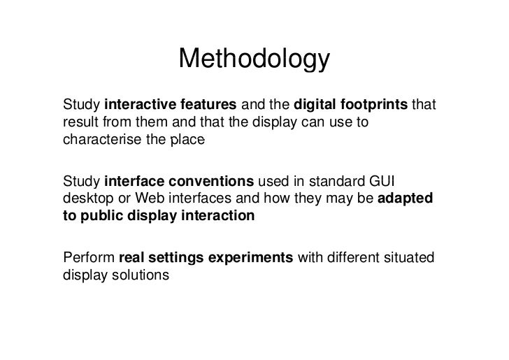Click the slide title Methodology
[253, 62]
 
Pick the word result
[79, 124]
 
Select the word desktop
[85, 200]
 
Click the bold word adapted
[406, 200]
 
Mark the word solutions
[141, 276]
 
